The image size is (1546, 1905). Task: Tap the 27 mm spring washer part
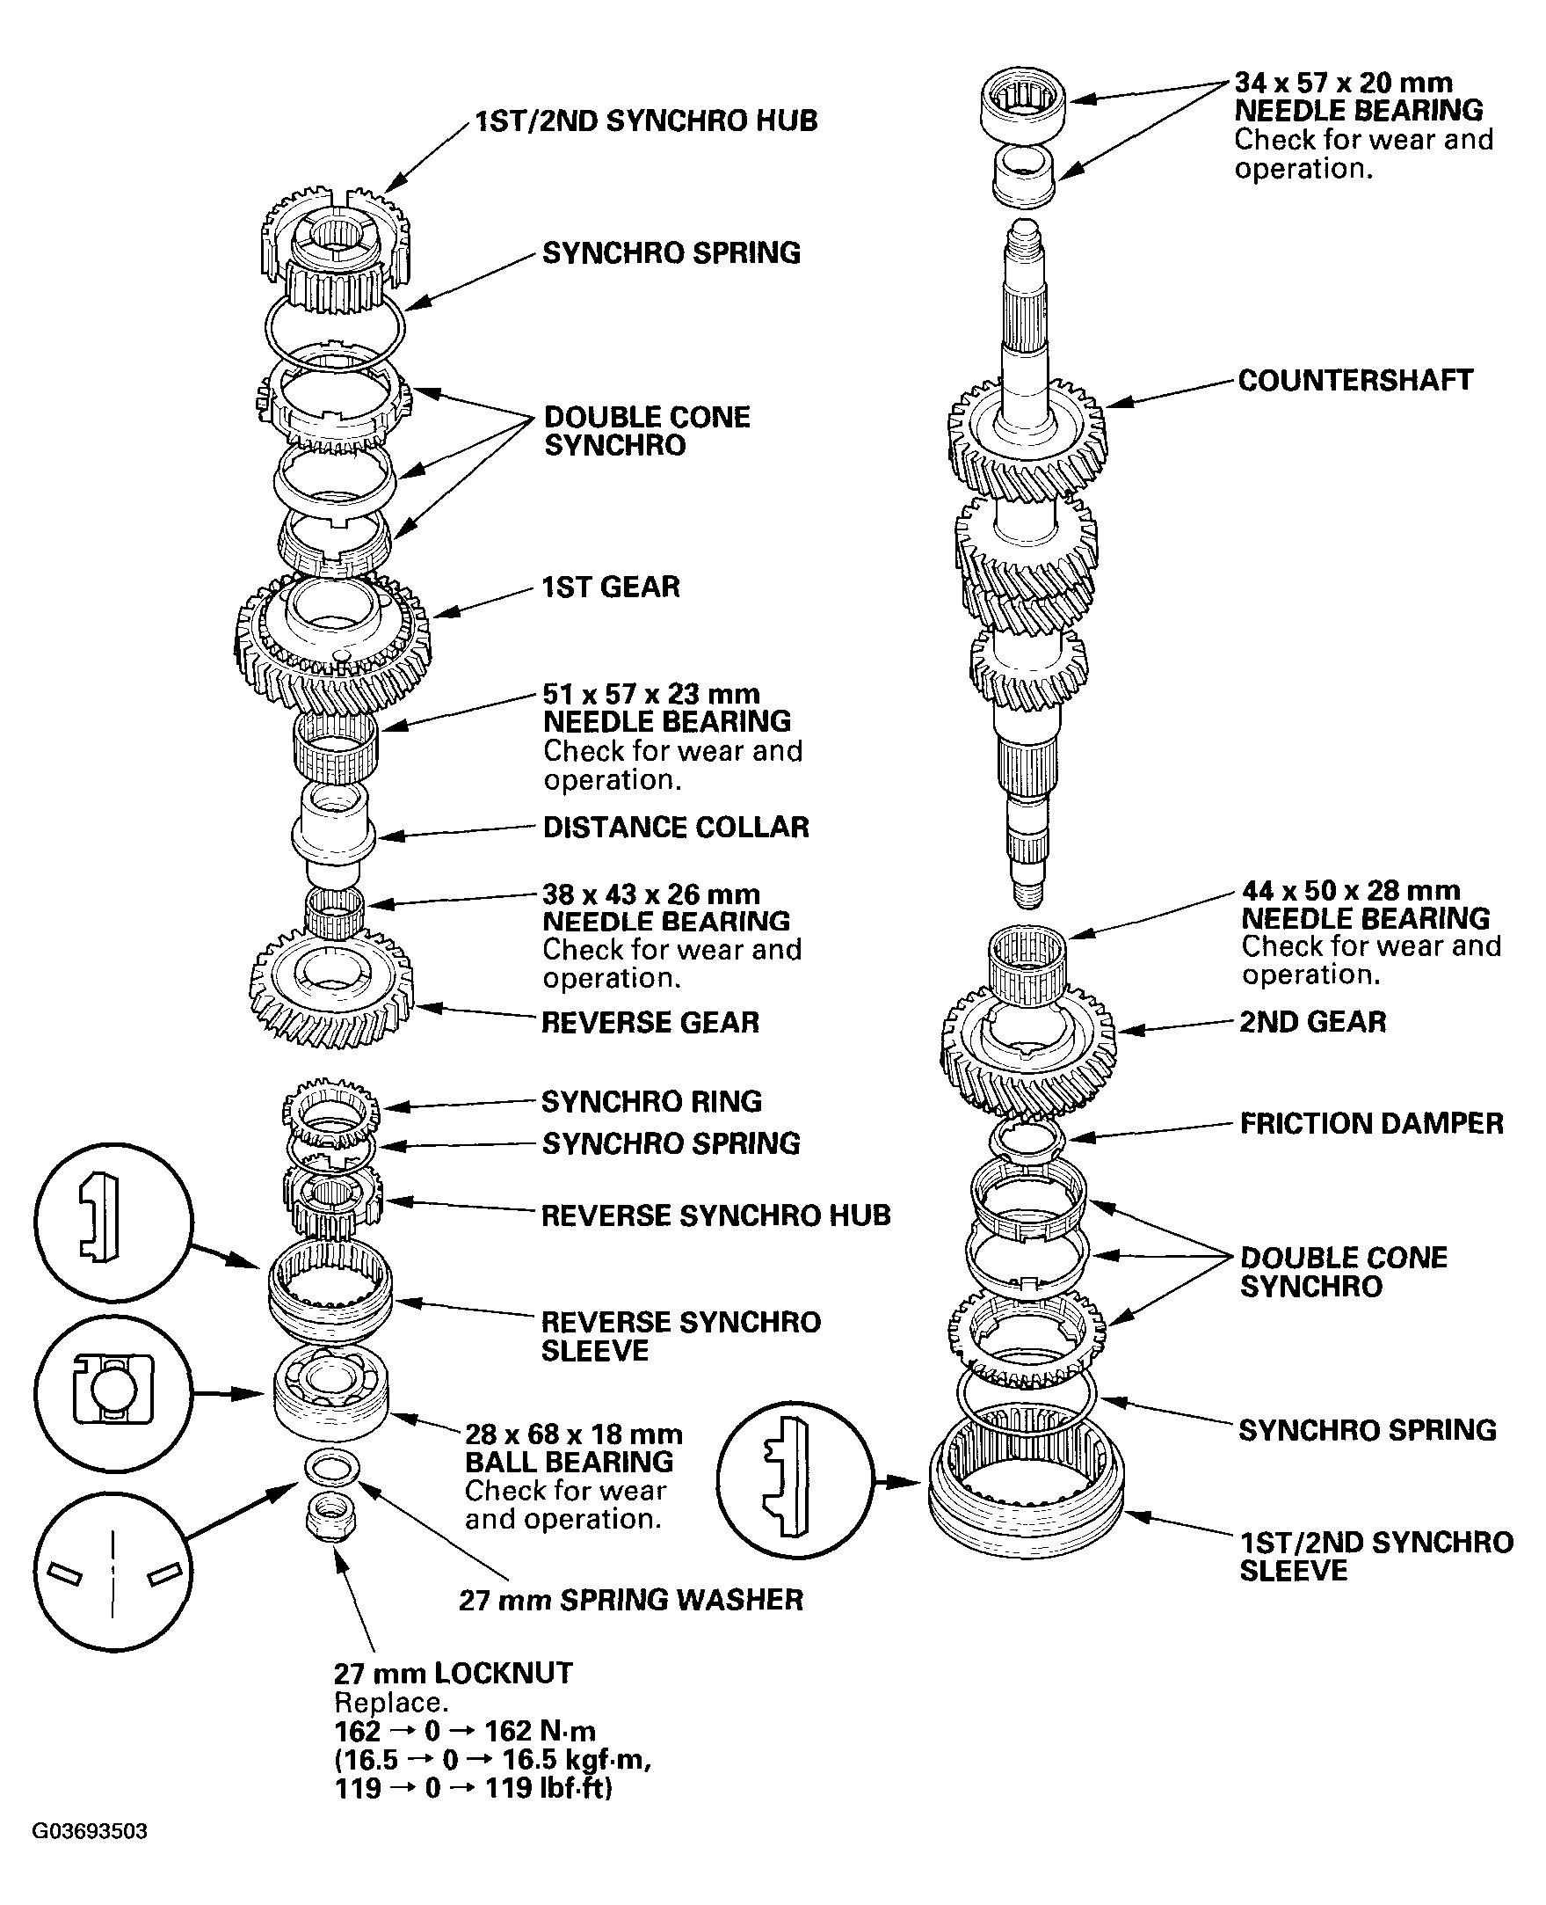coord(332,1466)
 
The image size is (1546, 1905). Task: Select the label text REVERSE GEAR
coord(650,1022)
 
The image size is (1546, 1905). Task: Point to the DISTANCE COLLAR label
coord(676,827)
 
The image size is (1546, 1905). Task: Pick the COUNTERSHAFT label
coord(1355,381)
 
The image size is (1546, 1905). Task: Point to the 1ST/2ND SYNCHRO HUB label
coord(646,121)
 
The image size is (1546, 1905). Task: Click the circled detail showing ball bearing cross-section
coord(113,1392)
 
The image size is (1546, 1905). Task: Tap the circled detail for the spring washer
coord(113,1574)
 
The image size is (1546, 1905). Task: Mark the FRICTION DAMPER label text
coord(1371,1124)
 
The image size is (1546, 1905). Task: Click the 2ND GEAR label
coord(1313,1022)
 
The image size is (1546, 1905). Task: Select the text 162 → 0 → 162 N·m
coord(465,1731)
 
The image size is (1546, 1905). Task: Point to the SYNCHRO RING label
coord(652,1102)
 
